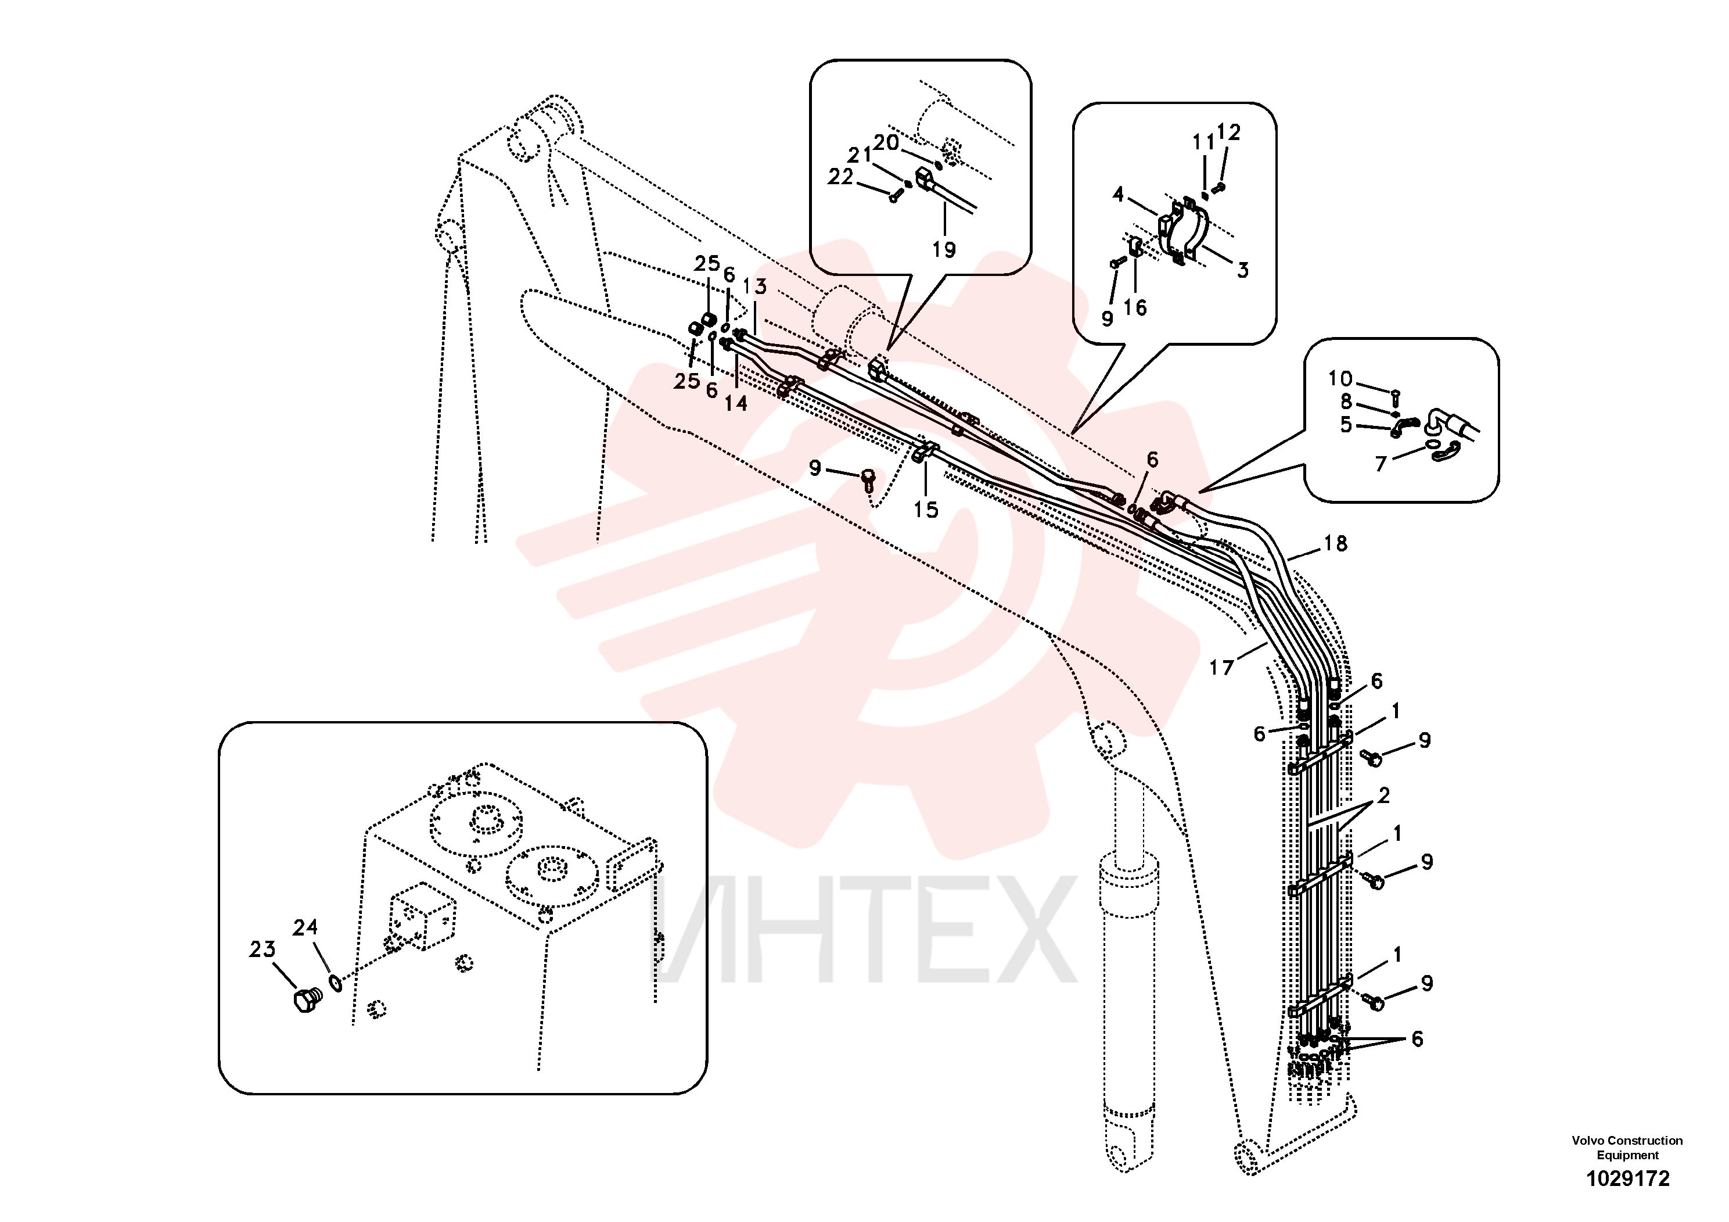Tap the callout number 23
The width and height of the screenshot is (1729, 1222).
pos(262,949)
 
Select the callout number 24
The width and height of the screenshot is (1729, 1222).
pos(305,927)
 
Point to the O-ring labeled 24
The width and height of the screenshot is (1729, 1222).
pos(336,983)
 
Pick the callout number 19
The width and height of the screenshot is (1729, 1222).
pos(944,249)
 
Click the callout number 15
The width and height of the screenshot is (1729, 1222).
pos(926,510)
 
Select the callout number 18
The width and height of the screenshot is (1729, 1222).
pos(1335,543)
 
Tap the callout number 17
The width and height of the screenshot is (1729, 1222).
pos(1221,668)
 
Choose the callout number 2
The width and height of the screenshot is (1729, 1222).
pos(1383,795)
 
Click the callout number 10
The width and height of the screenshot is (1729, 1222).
pos(1340,378)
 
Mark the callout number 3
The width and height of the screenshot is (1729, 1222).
pos(1242,270)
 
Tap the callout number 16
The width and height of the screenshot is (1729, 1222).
pos(1135,307)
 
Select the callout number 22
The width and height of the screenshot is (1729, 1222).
pos(840,177)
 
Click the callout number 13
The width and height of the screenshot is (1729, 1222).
pos(754,286)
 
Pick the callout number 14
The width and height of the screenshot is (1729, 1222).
pos(736,404)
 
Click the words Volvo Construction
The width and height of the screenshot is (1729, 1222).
pos(1627,1141)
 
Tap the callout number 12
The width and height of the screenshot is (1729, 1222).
pos(1228,132)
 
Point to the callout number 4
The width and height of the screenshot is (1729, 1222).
pos(1118,195)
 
